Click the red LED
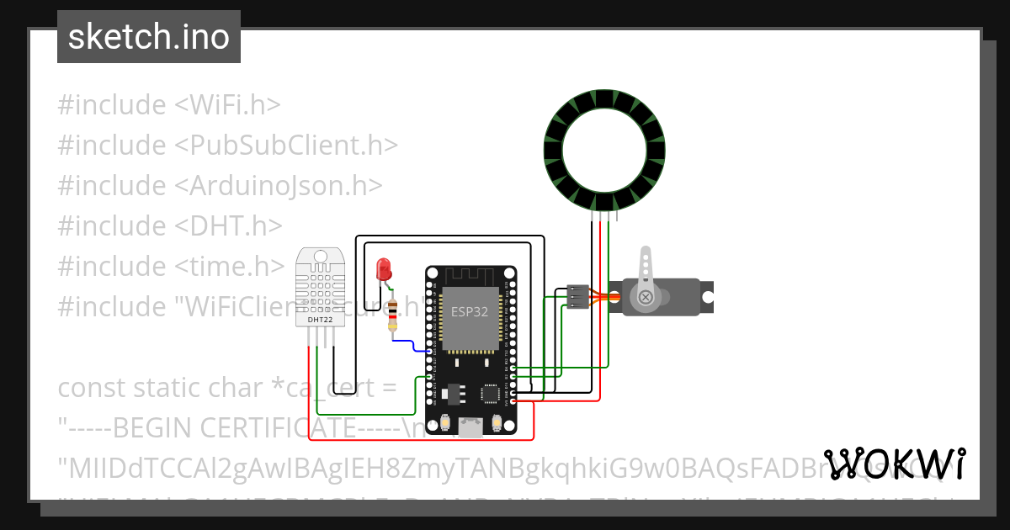[385, 269]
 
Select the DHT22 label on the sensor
[319, 320]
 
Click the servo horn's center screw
[646, 297]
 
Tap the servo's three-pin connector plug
[577, 297]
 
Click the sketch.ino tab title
[149, 37]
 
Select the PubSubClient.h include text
[286, 146]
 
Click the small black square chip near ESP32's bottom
[490, 393]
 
